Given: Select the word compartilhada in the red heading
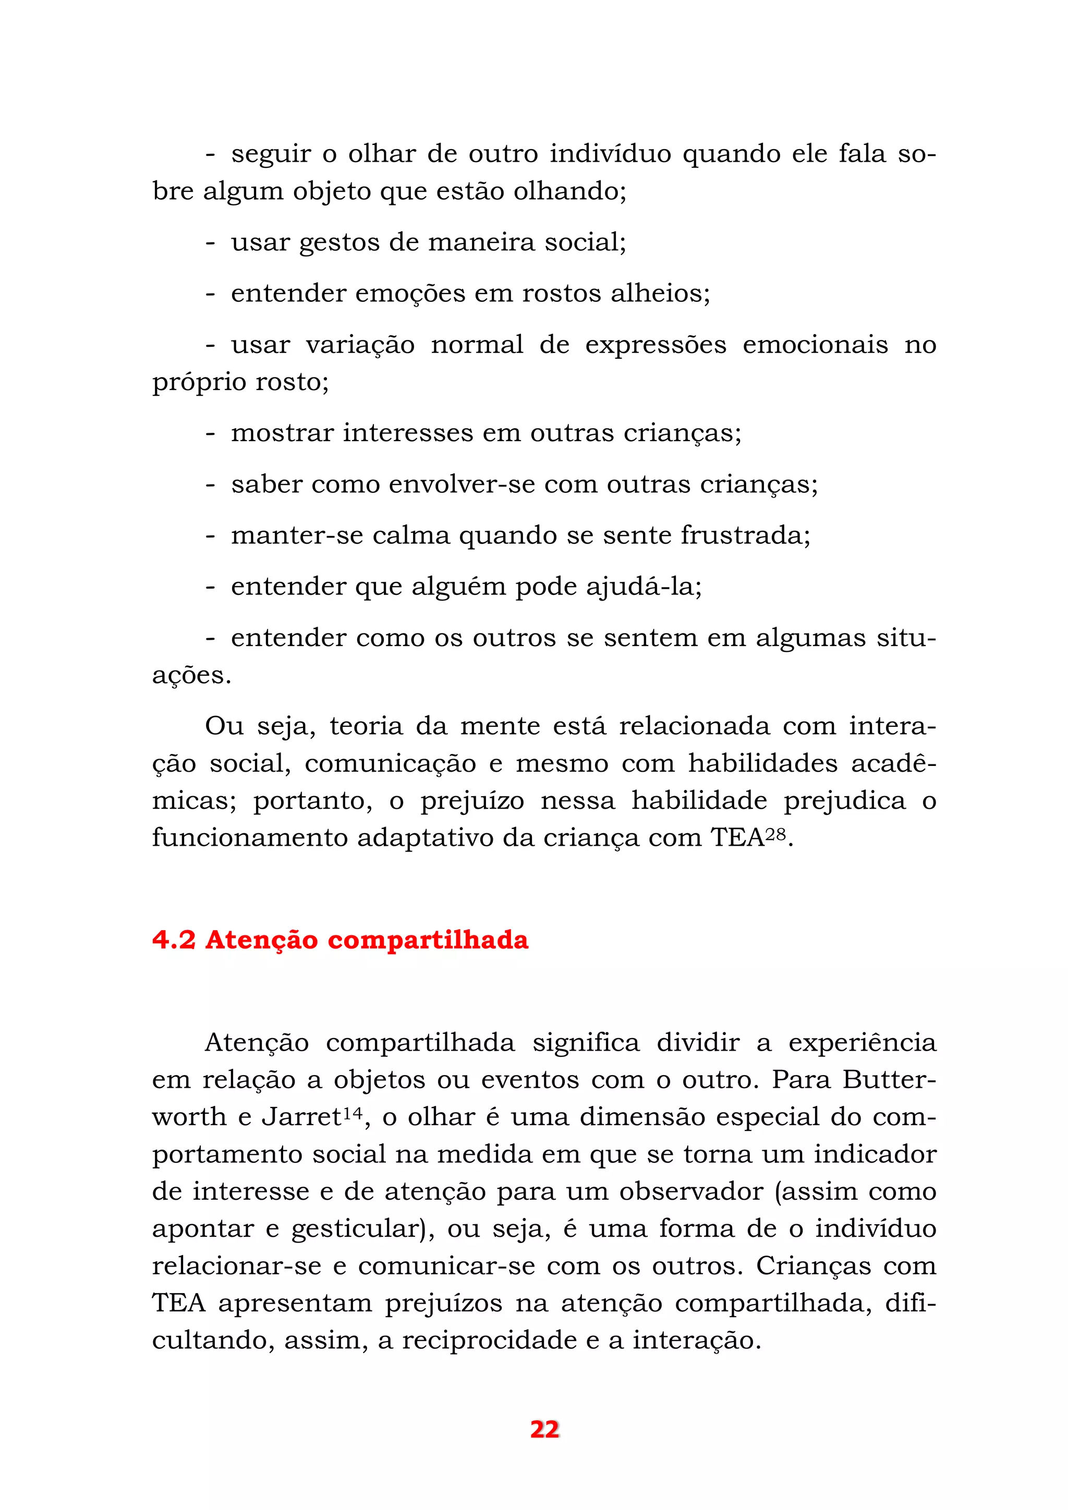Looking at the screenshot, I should click(x=428, y=941).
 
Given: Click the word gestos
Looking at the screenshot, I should click(x=338, y=243).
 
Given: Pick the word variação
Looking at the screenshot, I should click(x=360, y=345).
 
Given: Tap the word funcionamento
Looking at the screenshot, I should click(x=250, y=838).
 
